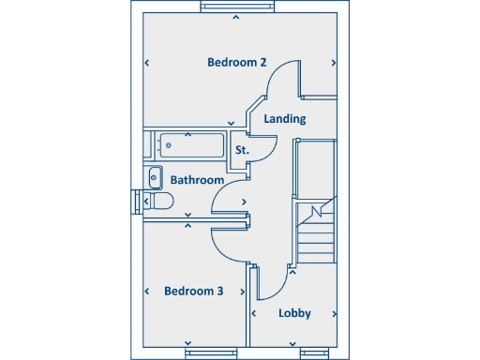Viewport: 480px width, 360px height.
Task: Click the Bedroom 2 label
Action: [237, 62]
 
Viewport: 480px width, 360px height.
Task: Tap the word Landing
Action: [284, 119]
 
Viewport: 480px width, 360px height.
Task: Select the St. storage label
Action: [242, 150]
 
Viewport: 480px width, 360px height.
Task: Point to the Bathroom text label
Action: [197, 180]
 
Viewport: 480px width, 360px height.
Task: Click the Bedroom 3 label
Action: [193, 291]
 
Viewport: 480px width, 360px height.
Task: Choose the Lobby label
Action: [294, 313]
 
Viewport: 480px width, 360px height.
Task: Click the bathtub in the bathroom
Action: [191, 146]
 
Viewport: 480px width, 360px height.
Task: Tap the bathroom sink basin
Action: [155, 176]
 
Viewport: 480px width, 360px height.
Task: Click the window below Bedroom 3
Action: [208, 353]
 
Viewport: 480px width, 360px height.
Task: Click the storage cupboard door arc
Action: [265, 151]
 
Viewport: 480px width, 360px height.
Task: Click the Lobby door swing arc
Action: [269, 285]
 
